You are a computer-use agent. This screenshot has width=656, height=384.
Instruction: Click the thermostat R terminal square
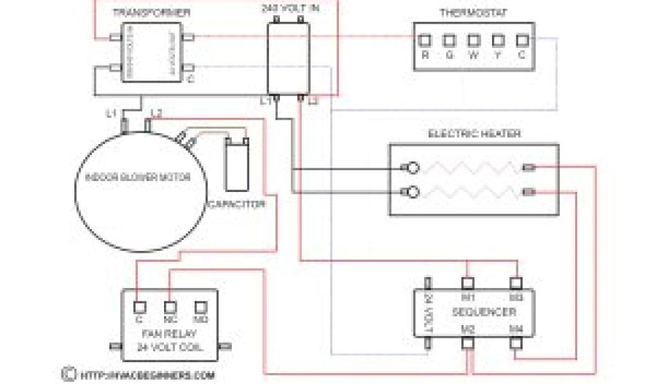[424, 40]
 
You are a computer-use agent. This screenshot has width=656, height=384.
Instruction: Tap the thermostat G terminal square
[449, 40]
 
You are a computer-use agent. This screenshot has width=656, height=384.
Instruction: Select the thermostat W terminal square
[473, 40]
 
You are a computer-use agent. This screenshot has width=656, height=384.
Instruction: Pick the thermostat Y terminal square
[498, 40]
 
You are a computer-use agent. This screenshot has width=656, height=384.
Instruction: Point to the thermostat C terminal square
[522, 40]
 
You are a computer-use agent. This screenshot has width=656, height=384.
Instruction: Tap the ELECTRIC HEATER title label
[474, 134]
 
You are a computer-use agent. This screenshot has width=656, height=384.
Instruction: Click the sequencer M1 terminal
[468, 282]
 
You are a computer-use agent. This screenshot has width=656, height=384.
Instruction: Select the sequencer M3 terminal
[516, 282]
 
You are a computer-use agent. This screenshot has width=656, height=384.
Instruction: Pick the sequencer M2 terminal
[468, 342]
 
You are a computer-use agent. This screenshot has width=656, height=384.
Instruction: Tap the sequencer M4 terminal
[516, 342]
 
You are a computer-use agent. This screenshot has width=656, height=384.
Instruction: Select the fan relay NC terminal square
[170, 307]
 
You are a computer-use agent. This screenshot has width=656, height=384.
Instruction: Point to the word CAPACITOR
[236, 205]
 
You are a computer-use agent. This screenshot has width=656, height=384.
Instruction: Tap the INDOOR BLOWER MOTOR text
[138, 178]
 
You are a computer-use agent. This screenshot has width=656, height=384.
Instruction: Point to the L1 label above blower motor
[111, 114]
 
